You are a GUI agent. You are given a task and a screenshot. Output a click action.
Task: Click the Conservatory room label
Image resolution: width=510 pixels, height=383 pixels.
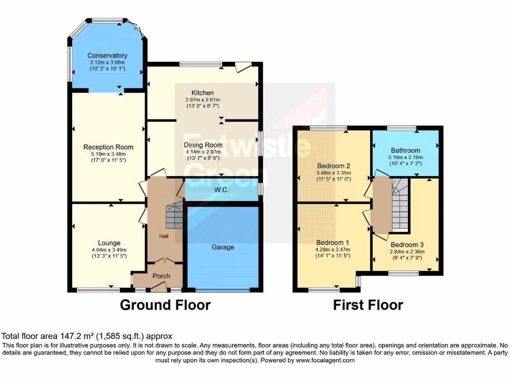click(107, 55)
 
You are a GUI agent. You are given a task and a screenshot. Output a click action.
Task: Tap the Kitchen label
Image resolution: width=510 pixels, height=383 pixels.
click(203, 93)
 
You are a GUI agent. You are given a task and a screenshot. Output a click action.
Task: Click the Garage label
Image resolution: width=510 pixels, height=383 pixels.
click(223, 247)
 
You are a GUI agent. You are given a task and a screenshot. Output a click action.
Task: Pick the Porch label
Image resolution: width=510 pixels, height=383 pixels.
click(161, 276)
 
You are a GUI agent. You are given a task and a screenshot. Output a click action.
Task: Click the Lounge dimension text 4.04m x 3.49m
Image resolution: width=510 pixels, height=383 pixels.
click(109, 250)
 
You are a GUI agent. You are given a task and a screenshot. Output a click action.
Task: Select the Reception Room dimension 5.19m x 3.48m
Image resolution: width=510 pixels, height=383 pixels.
click(108, 154)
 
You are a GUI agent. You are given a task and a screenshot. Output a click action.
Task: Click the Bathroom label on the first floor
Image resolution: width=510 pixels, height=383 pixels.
click(405, 150)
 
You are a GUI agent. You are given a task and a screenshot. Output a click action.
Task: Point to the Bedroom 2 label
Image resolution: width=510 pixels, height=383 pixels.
click(334, 166)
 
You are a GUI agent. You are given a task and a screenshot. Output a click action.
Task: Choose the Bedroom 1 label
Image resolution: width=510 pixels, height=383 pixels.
click(334, 243)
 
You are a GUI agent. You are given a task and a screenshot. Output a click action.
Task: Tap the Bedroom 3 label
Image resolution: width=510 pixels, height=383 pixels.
click(407, 245)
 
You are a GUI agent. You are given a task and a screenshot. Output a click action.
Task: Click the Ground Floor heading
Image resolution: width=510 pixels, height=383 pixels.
click(165, 305)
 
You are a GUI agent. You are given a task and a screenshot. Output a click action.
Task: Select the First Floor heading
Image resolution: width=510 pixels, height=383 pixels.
click(368, 305)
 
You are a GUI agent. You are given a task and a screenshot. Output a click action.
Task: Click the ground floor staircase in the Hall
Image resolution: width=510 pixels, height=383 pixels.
click(174, 215)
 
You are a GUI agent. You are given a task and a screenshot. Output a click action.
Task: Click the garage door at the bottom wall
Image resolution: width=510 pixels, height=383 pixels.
click(222, 290)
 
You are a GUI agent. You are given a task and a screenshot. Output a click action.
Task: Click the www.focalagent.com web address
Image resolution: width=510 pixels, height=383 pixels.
click(325, 360)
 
